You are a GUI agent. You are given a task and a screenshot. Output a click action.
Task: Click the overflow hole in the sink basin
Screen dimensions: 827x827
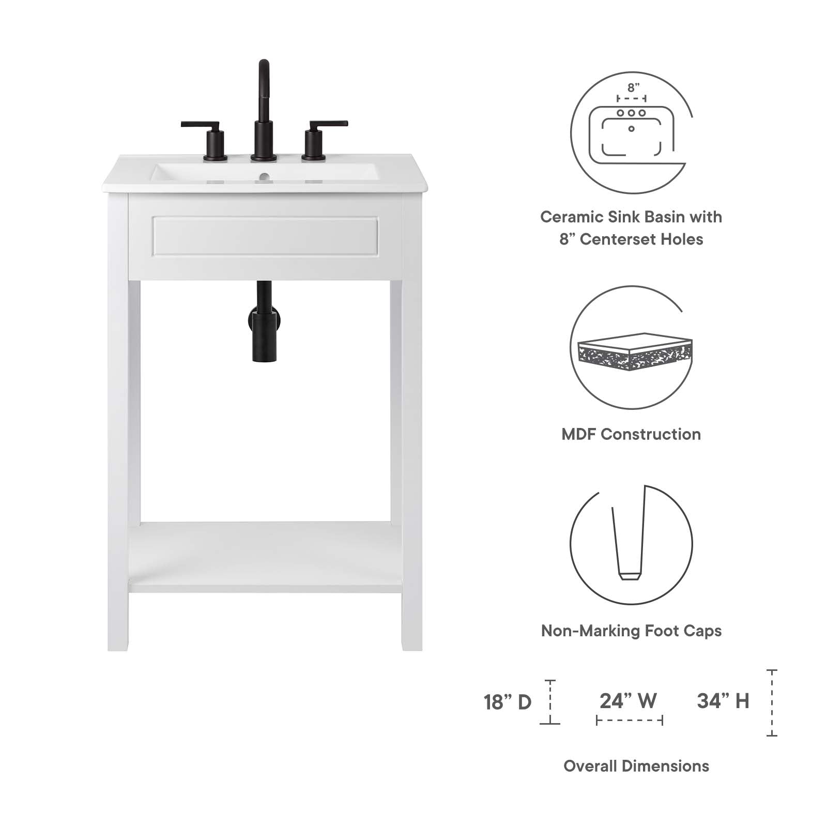click(264, 176)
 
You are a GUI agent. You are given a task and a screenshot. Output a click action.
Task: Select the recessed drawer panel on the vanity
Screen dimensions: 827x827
click(265, 236)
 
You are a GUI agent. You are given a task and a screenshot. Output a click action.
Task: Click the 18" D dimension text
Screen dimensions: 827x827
click(507, 702)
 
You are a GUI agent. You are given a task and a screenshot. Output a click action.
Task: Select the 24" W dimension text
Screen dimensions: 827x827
click(628, 701)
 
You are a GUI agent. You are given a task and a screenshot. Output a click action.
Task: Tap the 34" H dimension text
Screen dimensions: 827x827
click(723, 701)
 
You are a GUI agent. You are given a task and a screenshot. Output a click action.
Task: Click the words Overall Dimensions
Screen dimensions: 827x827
click(636, 766)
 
